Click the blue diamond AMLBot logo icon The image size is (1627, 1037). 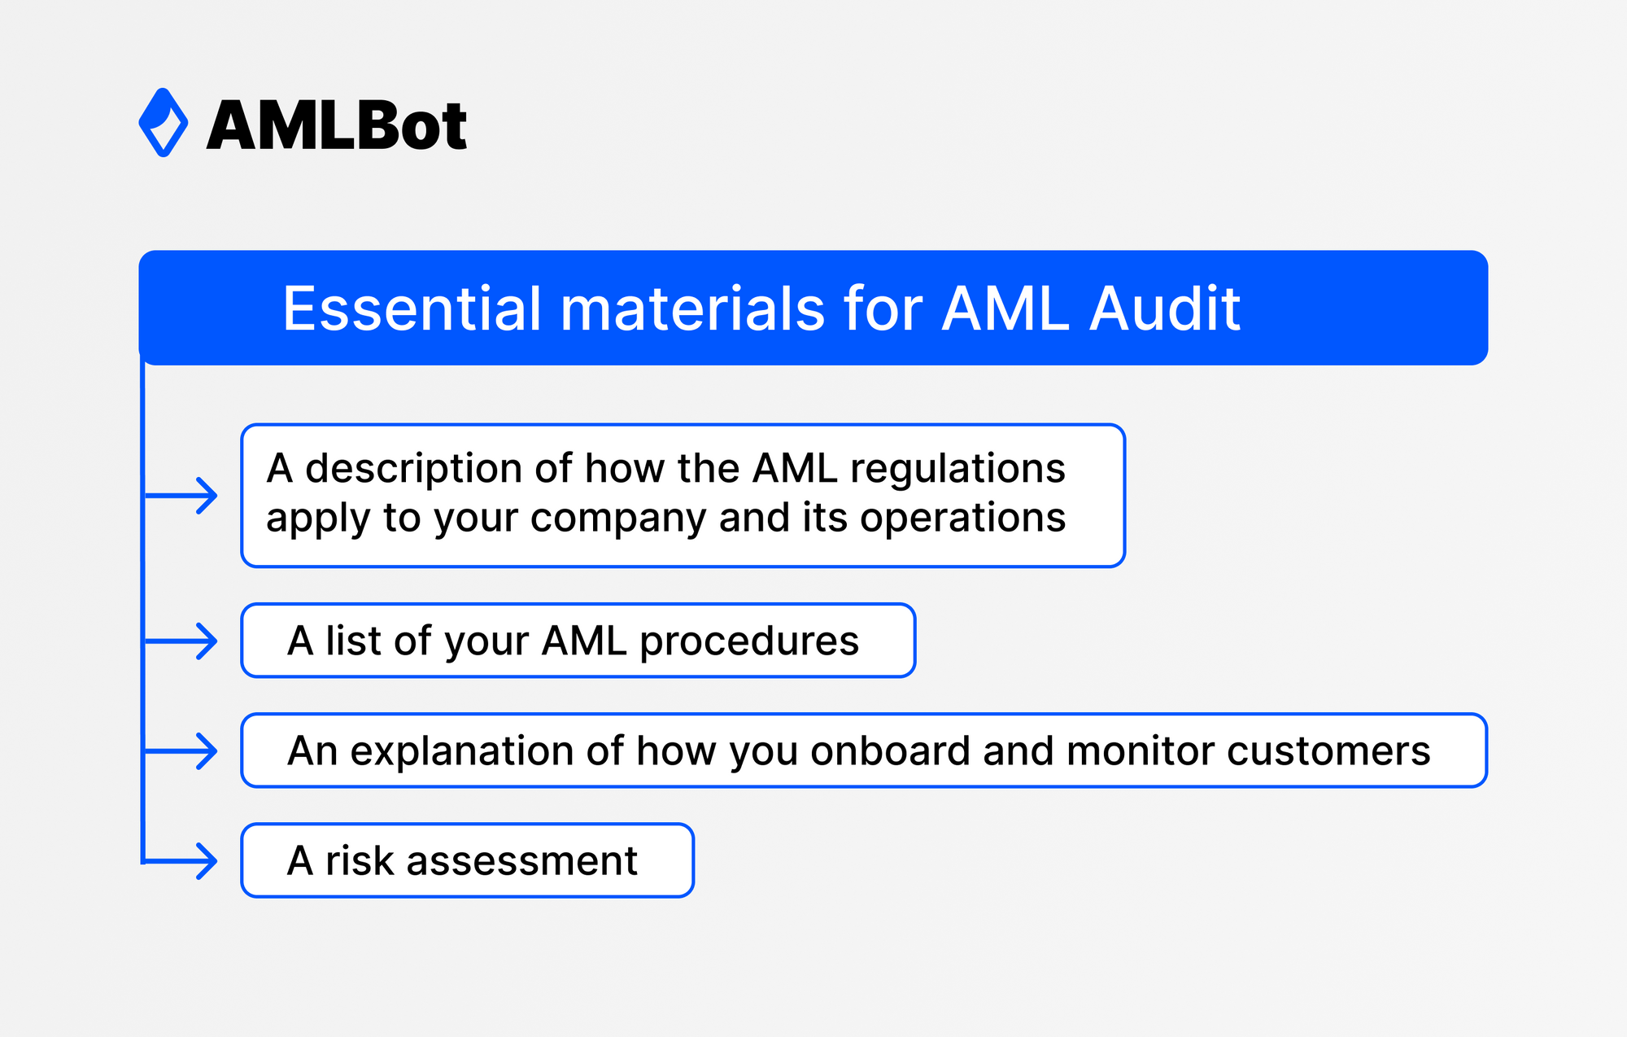(x=164, y=123)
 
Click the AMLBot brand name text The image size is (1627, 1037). (x=337, y=126)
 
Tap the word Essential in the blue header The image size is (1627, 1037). (x=412, y=309)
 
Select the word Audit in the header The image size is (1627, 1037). (x=1165, y=309)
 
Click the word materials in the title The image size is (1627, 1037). (x=692, y=309)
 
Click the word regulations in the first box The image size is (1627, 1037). (x=957, y=470)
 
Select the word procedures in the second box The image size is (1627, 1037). (x=748, y=641)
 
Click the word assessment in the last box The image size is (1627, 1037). (x=521, y=861)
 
